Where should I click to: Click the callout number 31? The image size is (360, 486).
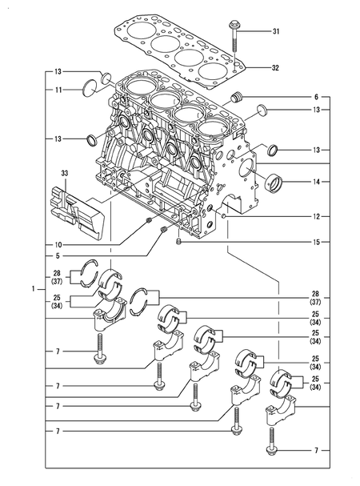point(276,31)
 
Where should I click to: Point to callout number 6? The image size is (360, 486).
point(315,96)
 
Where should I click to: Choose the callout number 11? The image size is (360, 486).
point(58,90)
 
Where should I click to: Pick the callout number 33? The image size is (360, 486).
point(64,172)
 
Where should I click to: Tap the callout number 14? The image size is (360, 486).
point(315,183)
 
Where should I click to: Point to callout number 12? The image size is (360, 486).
point(315,216)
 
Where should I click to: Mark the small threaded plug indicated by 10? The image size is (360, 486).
point(149,220)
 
